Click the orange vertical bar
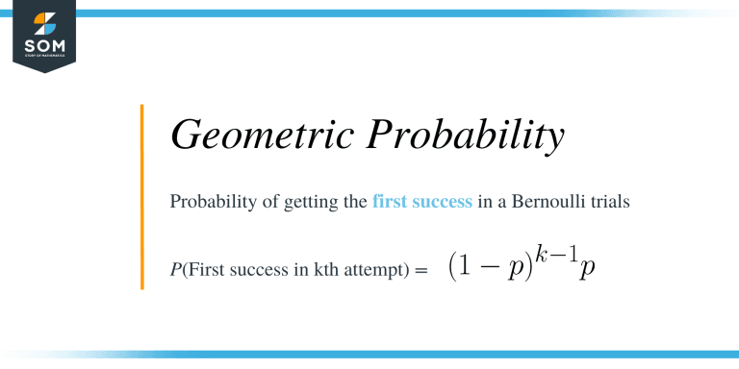141,197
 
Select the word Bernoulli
549,203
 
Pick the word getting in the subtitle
306,203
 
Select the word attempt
370,272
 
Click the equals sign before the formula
420,272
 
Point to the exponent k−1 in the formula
561,253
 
